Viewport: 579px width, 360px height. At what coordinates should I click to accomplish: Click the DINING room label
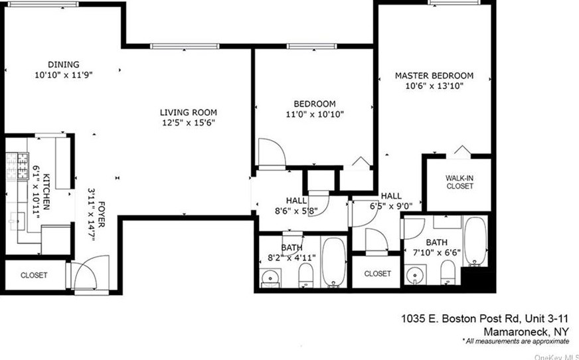(63, 64)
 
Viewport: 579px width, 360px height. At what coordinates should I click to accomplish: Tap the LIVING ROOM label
(189, 112)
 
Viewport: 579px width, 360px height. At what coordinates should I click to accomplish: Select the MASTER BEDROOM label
(434, 76)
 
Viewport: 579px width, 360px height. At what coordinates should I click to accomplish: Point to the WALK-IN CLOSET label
(459, 182)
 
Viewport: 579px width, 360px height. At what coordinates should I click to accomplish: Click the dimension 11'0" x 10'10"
(314, 114)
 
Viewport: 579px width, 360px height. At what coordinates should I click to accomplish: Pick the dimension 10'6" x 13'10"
(434, 86)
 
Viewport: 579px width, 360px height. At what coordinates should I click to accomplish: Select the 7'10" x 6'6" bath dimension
(436, 252)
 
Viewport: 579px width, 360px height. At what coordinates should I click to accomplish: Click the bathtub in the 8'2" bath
(334, 262)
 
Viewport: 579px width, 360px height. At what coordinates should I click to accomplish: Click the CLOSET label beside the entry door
(34, 275)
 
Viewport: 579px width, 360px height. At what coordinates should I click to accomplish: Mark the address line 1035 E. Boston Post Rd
(485, 319)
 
